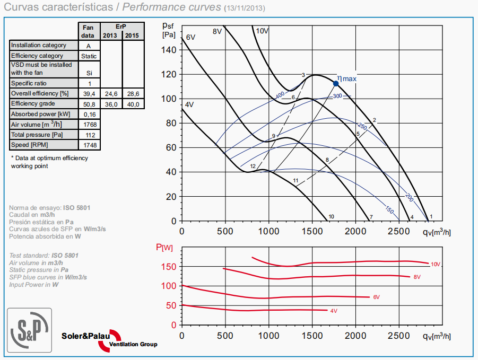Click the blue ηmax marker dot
click(x=336, y=83)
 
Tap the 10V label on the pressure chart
click(x=262, y=31)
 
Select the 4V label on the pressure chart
click(x=189, y=105)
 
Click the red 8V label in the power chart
click(x=417, y=277)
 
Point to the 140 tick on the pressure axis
click(x=169, y=50)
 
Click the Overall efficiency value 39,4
click(x=88, y=94)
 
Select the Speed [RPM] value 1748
click(x=88, y=145)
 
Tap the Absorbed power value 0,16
click(x=88, y=114)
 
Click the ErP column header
click(x=122, y=27)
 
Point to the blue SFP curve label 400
click(x=280, y=95)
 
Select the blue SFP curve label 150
click(x=389, y=210)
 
